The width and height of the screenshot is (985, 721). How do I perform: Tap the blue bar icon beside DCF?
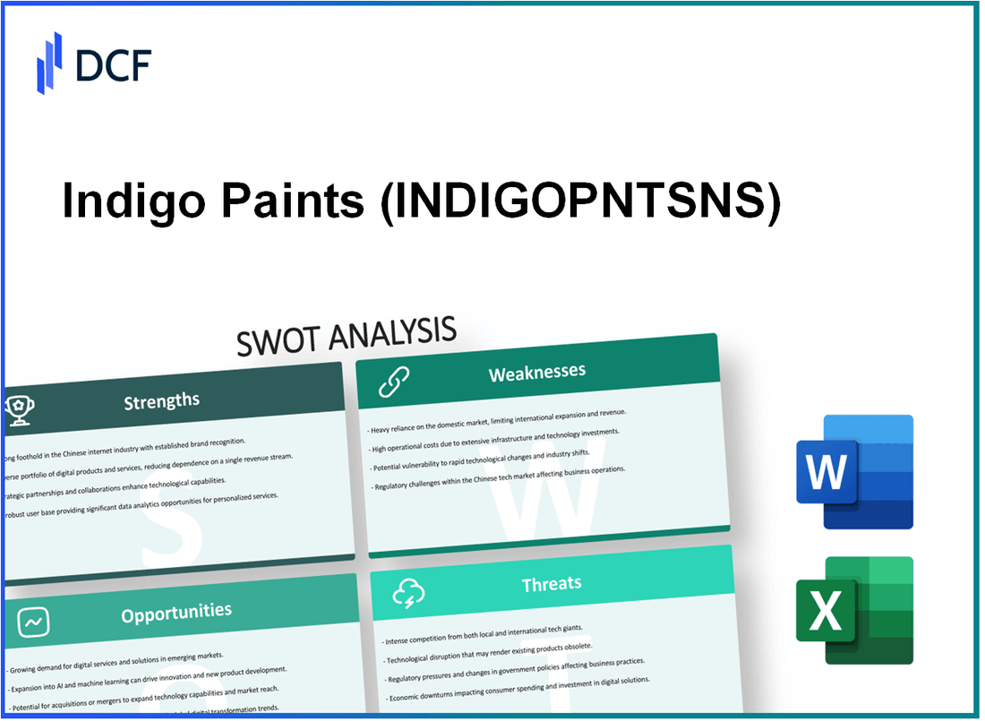49,62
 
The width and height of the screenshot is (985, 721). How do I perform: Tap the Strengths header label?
161,401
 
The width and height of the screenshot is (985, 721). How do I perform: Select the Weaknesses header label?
536,372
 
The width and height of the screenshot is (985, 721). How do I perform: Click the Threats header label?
552,584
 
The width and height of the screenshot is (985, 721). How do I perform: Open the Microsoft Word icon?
854,471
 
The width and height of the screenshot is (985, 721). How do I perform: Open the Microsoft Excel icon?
854,611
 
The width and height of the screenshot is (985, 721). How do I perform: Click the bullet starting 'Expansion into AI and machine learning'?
148,669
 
